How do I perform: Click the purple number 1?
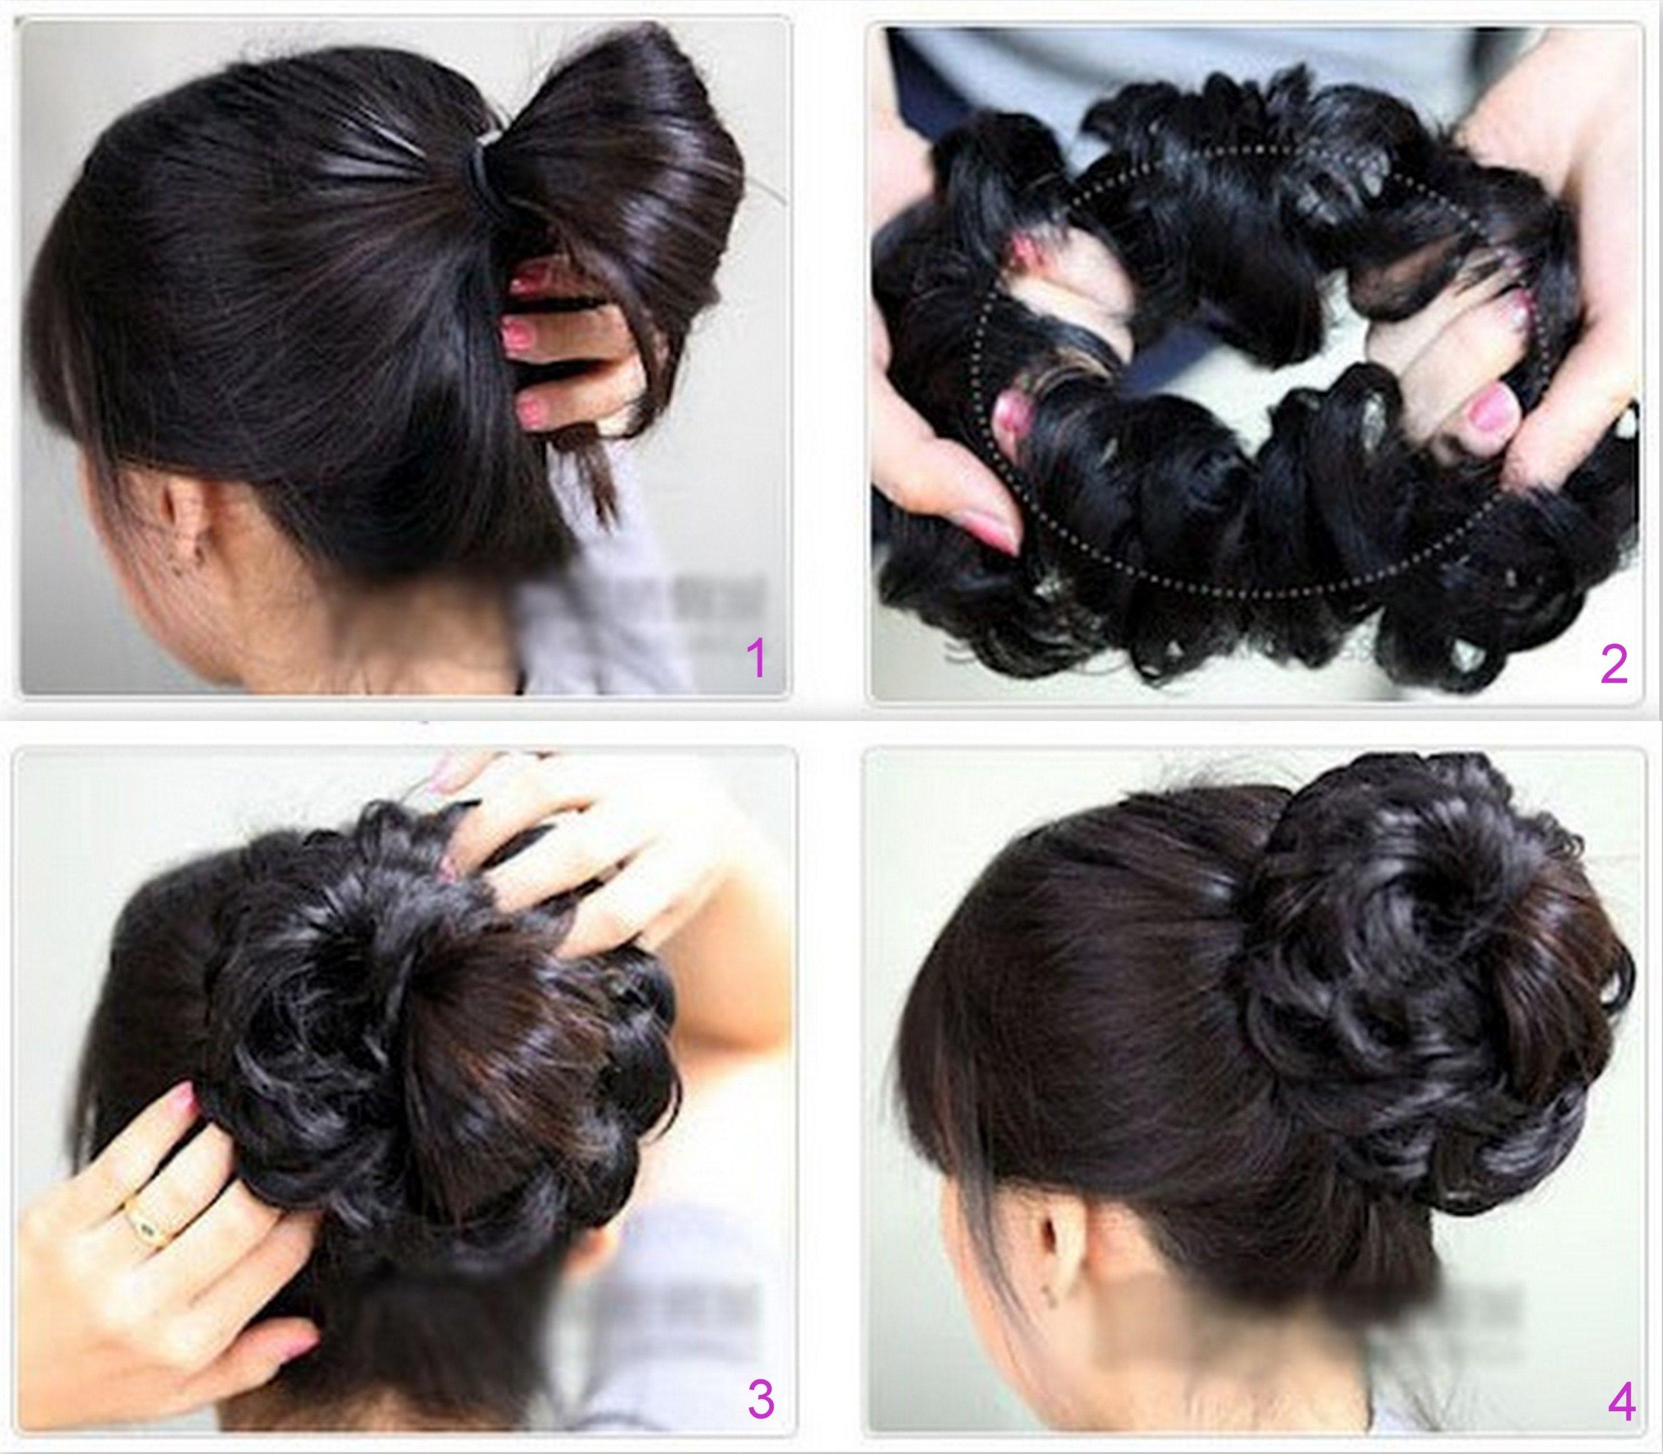pyautogui.click(x=755, y=658)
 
